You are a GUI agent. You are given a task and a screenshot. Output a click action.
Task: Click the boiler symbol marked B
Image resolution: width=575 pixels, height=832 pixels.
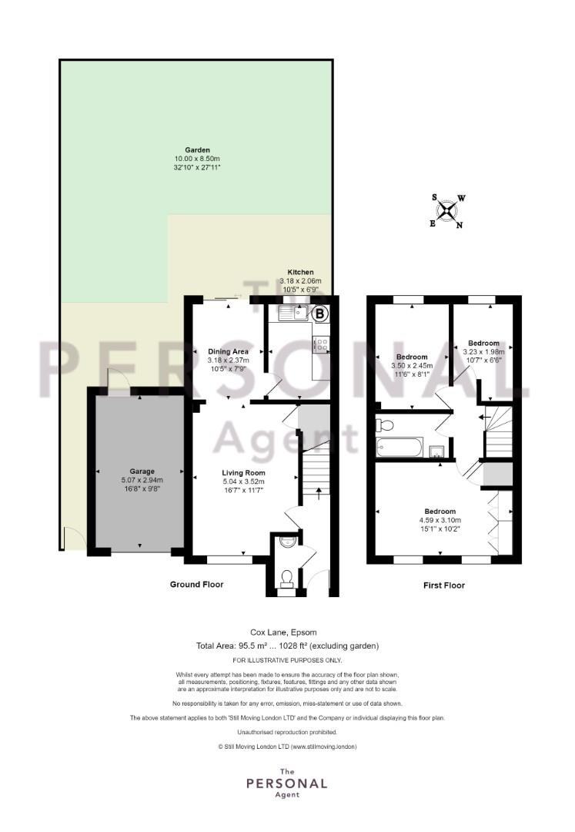pyautogui.click(x=319, y=314)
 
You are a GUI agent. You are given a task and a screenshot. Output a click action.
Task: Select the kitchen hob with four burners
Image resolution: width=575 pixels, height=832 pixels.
pyautogui.click(x=321, y=345)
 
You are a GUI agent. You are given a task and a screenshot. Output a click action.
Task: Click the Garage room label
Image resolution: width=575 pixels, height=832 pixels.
pyautogui.click(x=142, y=471)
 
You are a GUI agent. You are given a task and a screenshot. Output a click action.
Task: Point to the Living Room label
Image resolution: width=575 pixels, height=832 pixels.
pyautogui.click(x=244, y=473)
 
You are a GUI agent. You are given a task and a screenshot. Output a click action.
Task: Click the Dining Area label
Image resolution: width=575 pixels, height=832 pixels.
pyautogui.click(x=228, y=351)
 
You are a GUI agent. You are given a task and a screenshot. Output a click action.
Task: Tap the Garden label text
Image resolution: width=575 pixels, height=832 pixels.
pyautogui.click(x=197, y=150)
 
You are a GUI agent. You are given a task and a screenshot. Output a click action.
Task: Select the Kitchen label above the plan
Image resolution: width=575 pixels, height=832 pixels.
pyautogui.click(x=300, y=272)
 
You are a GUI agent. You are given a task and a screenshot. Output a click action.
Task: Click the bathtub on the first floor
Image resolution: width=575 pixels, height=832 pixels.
pyautogui.click(x=399, y=447)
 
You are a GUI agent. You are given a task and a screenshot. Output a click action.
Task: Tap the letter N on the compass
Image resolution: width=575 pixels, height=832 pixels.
pyautogui.click(x=460, y=225)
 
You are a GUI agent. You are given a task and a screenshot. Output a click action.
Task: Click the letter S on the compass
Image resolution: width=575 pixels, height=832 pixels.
pyautogui.click(x=435, y=198)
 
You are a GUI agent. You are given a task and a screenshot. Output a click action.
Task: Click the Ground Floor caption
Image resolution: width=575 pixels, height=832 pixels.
pyautogui.click(x=196, y=584)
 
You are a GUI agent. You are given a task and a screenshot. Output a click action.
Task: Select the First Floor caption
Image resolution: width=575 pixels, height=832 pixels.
pyautogui.click(x=444, y=585)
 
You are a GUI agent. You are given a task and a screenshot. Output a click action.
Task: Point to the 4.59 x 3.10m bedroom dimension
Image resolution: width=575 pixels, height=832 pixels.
pyautogui.click(x=440, y=521)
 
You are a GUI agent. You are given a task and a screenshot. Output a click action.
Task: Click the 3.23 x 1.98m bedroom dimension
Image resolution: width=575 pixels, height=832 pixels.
pyautogui.click(x=484, y=352)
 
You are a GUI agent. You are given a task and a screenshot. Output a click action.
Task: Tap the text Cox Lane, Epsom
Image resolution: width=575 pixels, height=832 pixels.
pyautogui.click(x=283, y=632)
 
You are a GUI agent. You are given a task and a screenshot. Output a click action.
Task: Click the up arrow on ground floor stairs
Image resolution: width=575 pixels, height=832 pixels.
pyautogui.click(x=318, y=494)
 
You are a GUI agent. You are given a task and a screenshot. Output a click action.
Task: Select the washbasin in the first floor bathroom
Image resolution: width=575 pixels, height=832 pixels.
pyautogui.click(x=437, y=451)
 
